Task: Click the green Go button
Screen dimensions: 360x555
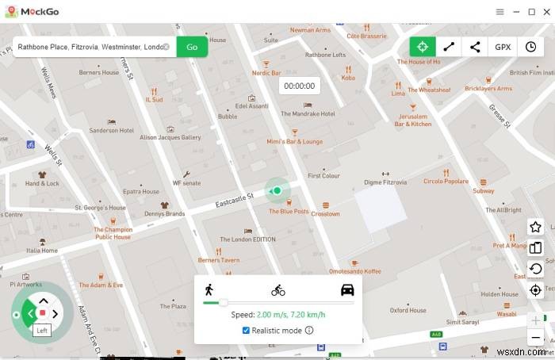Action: point(192,47)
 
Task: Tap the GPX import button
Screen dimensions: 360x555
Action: point(503,47)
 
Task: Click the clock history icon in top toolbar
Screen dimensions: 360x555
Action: point(530,47)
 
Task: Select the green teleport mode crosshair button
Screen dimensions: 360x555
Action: point(423,47)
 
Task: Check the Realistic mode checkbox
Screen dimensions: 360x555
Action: point(247,330)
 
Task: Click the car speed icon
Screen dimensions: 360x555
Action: point(347,290)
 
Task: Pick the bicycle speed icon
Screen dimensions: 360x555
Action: point(277,290)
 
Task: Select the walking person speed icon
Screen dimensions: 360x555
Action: point(209,290)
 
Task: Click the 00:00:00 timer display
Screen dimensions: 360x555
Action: point(300,86)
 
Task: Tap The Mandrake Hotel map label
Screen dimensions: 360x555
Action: point(308,114)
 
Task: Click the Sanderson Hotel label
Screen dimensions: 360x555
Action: point(110,131)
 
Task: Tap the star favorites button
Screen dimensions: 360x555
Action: point(535,228)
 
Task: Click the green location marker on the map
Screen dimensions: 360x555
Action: point(277,190)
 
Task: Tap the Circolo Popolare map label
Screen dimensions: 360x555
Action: point(445,181)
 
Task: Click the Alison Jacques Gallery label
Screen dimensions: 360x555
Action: point(170,137)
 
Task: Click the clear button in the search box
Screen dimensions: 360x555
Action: point(166,47)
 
